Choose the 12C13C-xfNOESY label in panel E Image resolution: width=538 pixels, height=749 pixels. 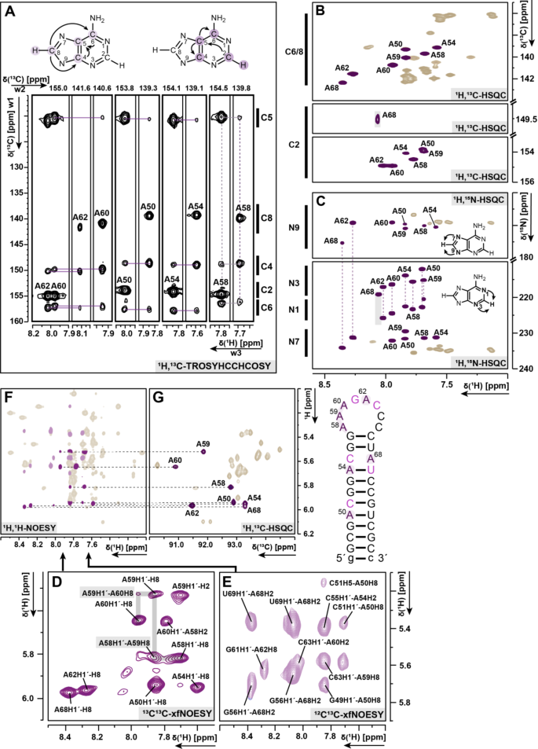pos(354,714)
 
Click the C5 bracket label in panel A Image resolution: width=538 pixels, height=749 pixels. pos(264,119)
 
